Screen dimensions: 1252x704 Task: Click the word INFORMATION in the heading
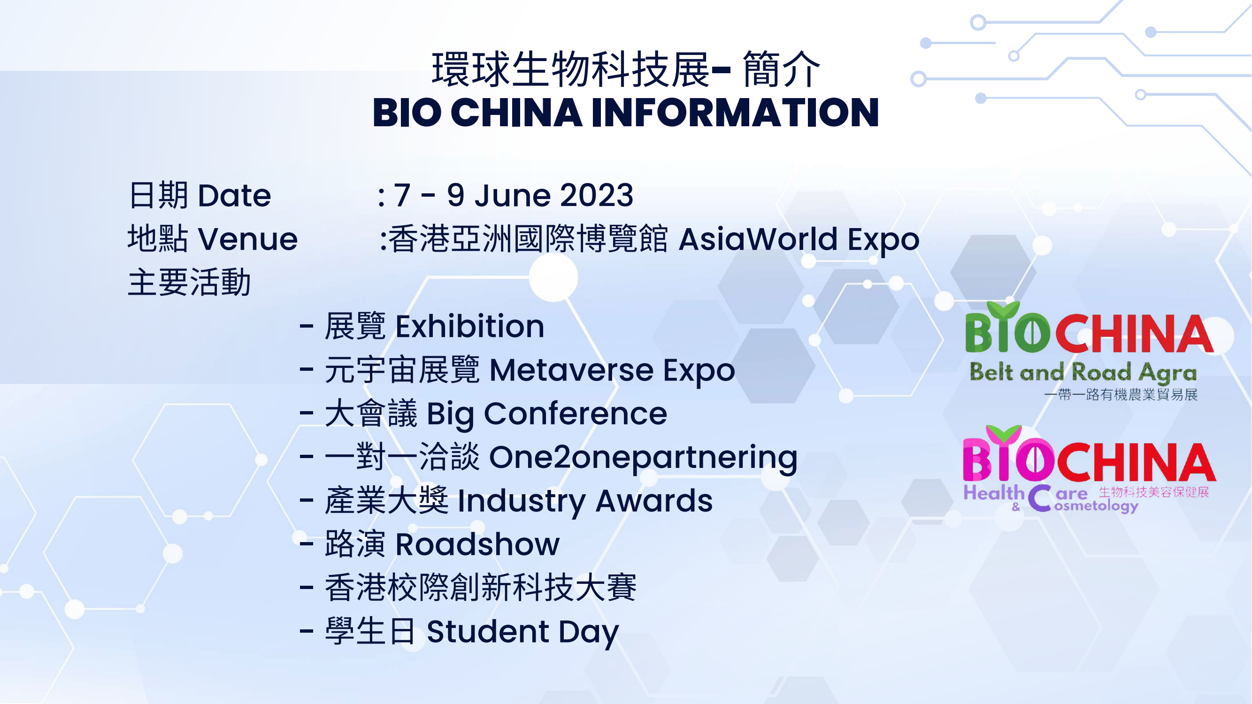tap(735, 113)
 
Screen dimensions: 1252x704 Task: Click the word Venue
tap(248, 239)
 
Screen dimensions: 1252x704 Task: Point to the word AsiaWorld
tap(758, 239)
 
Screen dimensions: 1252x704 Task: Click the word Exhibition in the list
tap(469, 326)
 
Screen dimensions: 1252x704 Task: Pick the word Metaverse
tap(572, 370)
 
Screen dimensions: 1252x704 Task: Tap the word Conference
tap(576, 414)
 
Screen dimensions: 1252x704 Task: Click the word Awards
tap(654, 501)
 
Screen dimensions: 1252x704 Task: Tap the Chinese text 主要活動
tap(189, 282)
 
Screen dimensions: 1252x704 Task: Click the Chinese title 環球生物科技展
tap(570, 69)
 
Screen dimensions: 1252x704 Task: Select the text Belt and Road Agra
tap(1083, 373)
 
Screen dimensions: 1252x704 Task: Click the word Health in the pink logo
tap(994, 493)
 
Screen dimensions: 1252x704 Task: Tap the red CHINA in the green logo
tap(1134, 334)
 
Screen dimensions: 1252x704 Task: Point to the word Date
tap(234, 195)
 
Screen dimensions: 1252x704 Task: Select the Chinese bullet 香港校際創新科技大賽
tap(480, 588)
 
